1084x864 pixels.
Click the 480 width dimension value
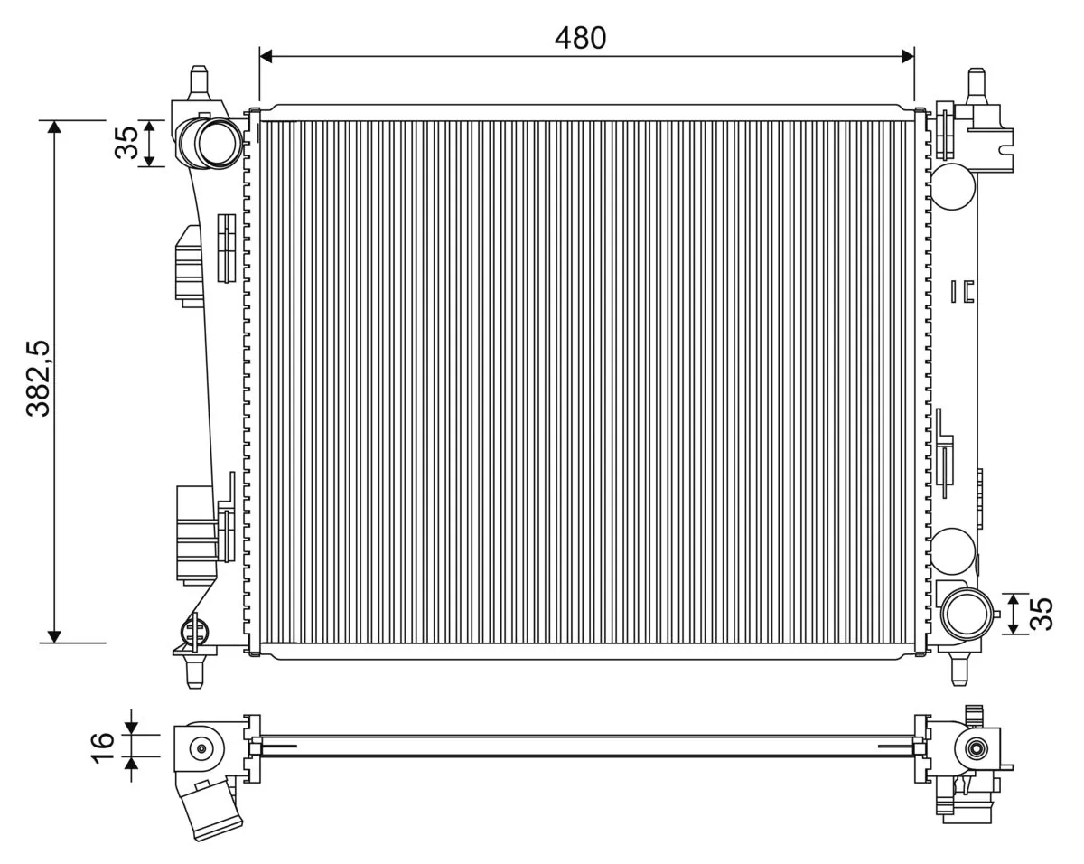(x=580, y=38)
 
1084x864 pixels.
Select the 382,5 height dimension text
(x=39, y=379)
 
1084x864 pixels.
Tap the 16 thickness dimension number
(x=103, y=746)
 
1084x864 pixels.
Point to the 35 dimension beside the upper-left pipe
(x=127, y=143)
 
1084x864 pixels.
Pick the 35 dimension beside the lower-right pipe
(x=1041, y=615)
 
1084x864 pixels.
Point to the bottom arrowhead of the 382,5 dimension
(x=55, y=635)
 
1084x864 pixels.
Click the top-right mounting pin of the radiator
(x=976, y=84)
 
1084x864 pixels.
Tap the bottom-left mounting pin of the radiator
(x=194, y=672)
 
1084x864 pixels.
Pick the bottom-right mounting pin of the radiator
(x=959, y=669)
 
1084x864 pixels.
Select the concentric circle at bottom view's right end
(x=975, y=748)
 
